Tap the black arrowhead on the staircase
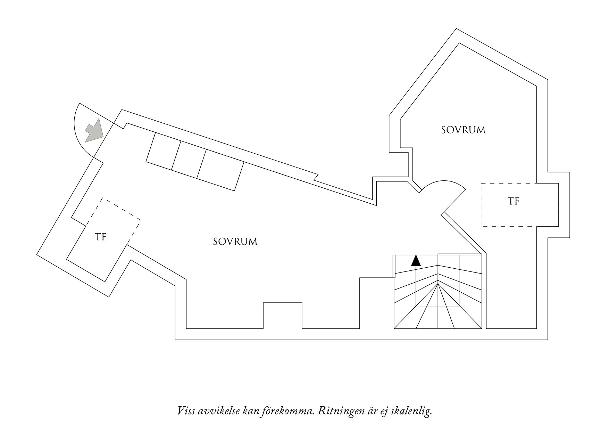coord(416,260)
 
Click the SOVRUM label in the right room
coord(463,130)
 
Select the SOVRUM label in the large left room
coord(235,242)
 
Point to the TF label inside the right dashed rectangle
coord(514,201)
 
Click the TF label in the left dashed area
coord(100,237)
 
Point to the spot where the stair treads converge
coord(438,284)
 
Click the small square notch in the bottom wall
coord(282,315)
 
